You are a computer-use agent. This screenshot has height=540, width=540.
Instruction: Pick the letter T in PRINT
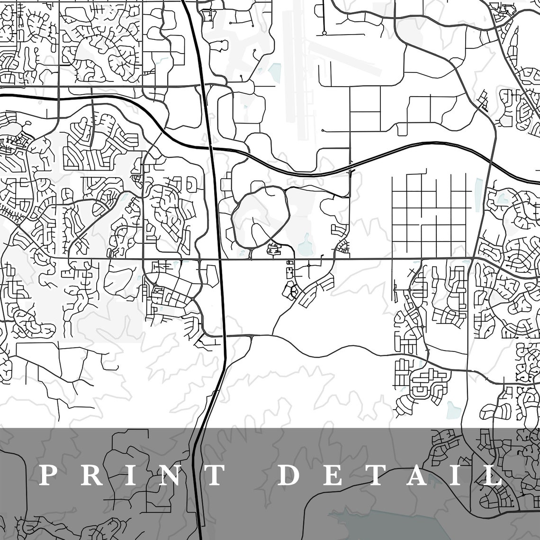[x=213, y=475]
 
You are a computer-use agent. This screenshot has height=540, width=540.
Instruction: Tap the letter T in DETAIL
[x=376, y=475]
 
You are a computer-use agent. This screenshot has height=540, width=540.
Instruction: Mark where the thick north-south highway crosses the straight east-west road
[x=220, y=259]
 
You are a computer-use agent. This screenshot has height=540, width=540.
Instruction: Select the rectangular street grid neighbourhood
[x=431, y=208]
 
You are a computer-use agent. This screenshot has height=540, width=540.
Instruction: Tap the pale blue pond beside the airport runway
[x=275, y=71]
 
